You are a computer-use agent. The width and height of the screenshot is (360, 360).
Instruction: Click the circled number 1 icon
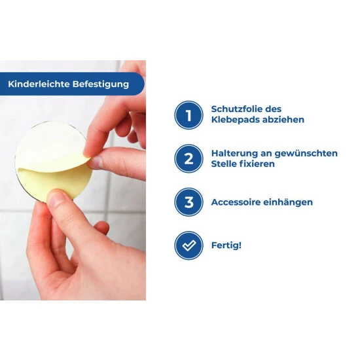pos(189,115)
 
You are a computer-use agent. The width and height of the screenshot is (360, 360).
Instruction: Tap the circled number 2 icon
pos(189,158)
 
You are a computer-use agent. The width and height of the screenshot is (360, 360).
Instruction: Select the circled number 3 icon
pos(189,202)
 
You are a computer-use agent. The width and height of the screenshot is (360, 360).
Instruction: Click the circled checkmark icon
pos(189,245)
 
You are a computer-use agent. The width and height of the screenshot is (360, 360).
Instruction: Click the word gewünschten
pos(308,153)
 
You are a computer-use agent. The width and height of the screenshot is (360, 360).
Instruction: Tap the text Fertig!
pos(226,245)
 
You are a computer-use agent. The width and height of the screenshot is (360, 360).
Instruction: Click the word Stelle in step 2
pos(225,164)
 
